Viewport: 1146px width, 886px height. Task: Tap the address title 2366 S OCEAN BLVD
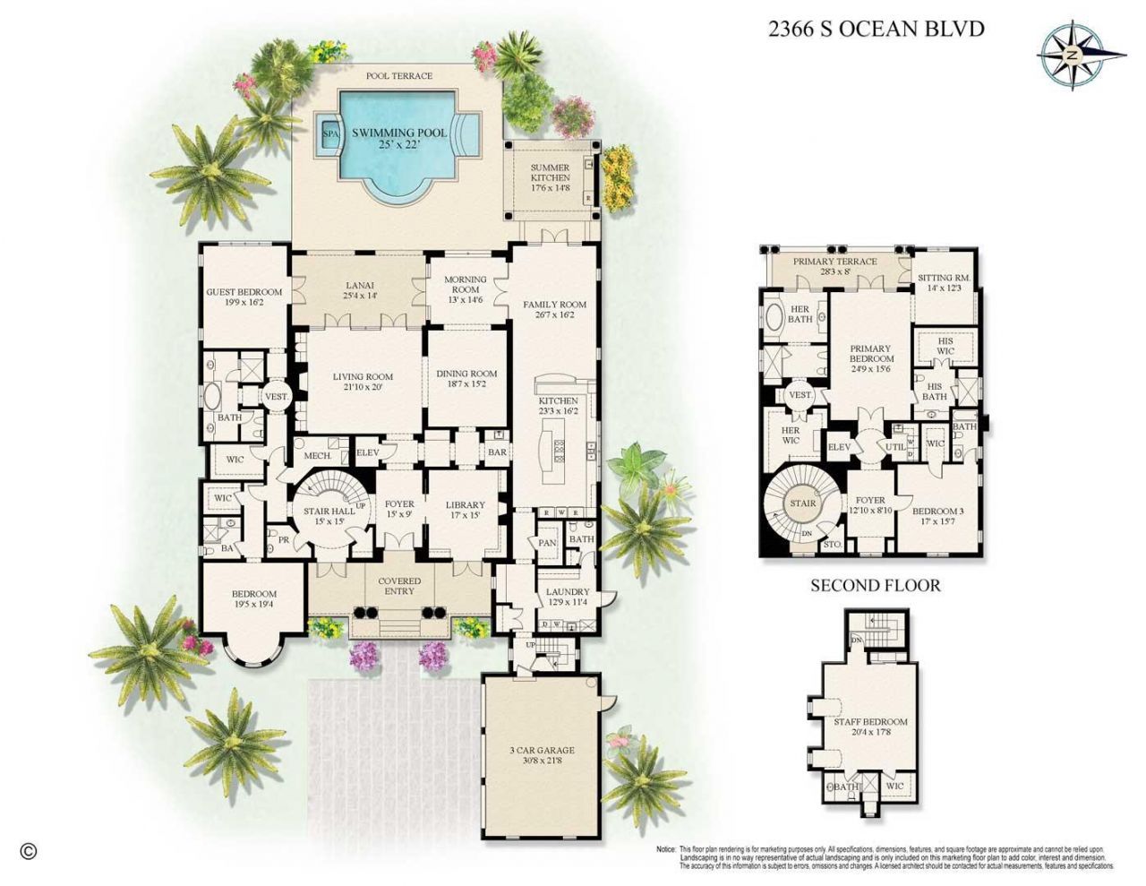click(x=876, y=29)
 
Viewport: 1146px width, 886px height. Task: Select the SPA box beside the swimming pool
click(x=330, y=134)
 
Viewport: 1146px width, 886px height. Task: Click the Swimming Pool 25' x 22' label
click(x=399, y=138)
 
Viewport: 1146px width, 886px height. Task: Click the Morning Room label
click(x=465, y=288)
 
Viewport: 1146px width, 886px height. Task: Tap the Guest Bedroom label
click(x=244, y=297)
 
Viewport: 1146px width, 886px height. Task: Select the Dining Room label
click(x=466, y=379)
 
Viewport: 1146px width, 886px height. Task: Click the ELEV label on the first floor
click(x=368, y=452)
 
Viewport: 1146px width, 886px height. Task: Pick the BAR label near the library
click(x=497, y=452)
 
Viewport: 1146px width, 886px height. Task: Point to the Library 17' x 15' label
click(x=465, y=510)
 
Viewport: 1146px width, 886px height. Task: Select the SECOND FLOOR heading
click(x=875, y=586)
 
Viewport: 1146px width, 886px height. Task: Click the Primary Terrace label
click(x=834, y=266)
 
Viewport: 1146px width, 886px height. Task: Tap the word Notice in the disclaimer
click(x=665, y=848)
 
